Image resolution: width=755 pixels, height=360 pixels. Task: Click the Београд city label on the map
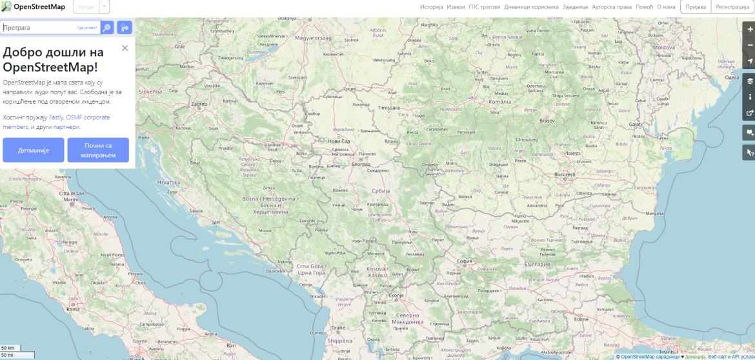pyautogui.click(x=361, y=165)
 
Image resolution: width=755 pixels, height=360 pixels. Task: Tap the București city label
pyautogui.click(x=564, y=175)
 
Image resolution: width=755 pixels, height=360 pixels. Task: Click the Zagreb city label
pyautogui.click(x=199, y=104)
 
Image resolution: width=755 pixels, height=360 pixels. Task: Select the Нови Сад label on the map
pyautogui.click(x=339, y=141)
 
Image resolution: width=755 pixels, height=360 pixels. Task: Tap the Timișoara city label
pyautogui.click(x=389, y=107)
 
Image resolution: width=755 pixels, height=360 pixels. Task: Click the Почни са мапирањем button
pyautogui.click(x=98, y=150)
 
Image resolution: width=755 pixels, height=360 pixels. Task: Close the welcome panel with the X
pyautogui.click(x=125, y=48)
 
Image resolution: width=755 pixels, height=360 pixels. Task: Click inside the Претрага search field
pyautogui.click(x=39, y=28)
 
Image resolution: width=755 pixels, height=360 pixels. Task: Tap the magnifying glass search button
pyautogui.click(x=107, y=28)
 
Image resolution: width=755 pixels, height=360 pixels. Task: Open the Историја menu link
pyautogui.click(x=432, y=7)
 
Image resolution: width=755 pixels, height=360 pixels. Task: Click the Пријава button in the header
pyautogui.click(x=696, y=7)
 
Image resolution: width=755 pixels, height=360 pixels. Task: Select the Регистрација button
pyautogui.click(x=732, y=7)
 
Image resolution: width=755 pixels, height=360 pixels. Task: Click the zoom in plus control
pyautogui.click(x=749, y=29)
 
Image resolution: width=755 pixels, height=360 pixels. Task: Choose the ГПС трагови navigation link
pyautogui.click(x=484, y=7)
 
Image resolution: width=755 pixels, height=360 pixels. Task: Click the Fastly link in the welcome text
pyautogui.click(x=56, y=117)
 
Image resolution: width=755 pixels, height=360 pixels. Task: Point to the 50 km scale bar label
pyautogui.click(x=8, y=348)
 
